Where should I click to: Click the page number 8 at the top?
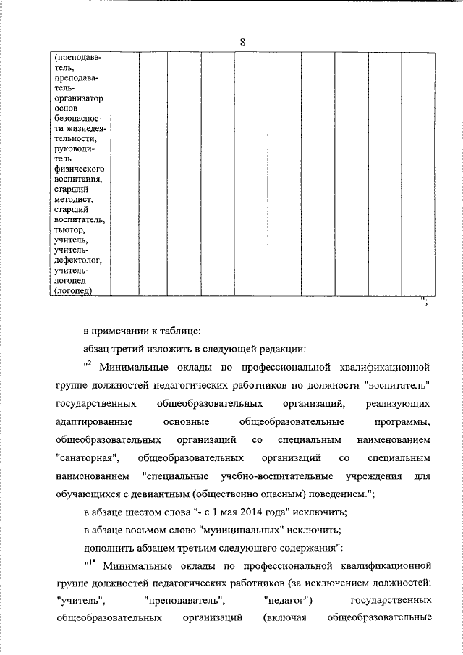pyautogui.click(x=243, y=43)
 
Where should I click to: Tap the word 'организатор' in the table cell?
pyautogui.click(x=79, y=97)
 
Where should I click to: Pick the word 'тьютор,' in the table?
pyautogui.click(x=69, y=230)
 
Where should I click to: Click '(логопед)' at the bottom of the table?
pyautogui.click(x=73, y=291)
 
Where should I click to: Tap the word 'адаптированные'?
pyautogui.click(x=91, y=421)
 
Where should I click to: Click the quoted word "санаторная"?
pyautogui.click(x=88, y=458)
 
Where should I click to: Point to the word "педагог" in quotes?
pyautogui.click(x=288, y=600)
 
